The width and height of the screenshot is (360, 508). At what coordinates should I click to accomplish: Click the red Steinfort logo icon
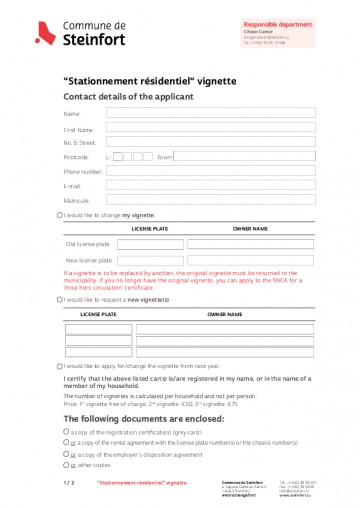[43, 34]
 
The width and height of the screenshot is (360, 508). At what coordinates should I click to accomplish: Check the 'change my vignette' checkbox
[60, 215]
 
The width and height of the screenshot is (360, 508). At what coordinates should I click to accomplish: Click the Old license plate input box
[150, 243]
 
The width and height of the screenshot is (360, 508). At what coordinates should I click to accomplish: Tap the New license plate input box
[150, 260]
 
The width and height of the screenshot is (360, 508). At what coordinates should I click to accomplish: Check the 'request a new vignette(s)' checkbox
[60, 299]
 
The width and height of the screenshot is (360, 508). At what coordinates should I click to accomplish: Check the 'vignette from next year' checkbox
[60, 367]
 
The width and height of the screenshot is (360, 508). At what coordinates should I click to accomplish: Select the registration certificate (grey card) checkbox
[67, 431]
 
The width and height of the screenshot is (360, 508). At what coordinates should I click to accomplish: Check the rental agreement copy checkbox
[67, 442]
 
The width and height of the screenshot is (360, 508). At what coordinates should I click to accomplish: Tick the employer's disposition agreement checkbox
[67, 454]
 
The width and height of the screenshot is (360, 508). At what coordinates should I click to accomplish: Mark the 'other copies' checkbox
[67, 465]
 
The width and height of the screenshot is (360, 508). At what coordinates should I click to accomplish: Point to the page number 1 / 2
[69, 482]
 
